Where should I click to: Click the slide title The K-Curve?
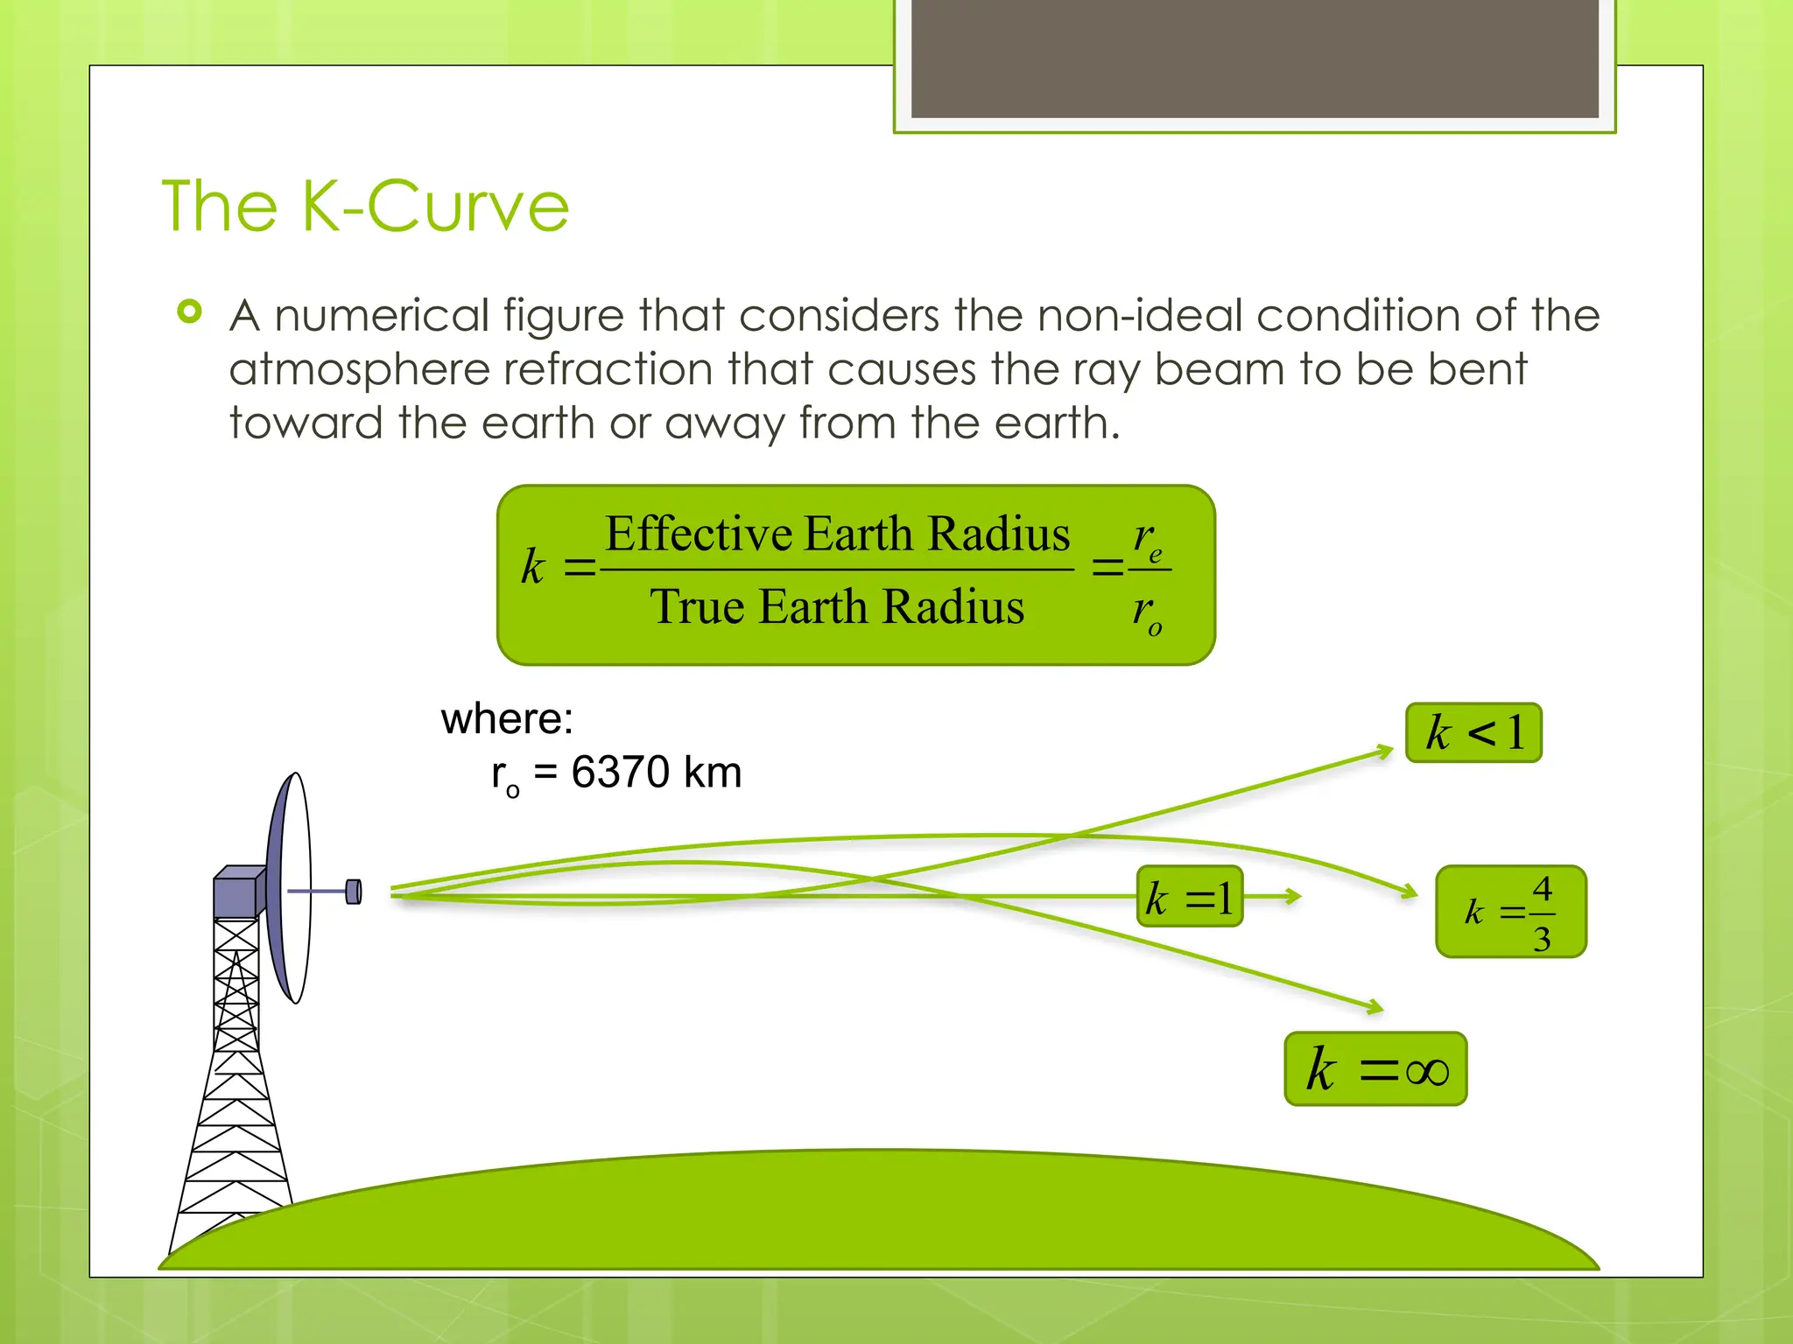[x=366, y=206]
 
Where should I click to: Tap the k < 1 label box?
[x=1473, y=732]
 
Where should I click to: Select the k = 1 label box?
[x=1190, y=897]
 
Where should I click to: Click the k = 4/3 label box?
[x=1511, y=912]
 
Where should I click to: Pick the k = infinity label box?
[x=1375, y=1068]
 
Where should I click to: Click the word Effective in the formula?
[x=698, y=534]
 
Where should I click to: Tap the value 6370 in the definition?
[x=620, y=773]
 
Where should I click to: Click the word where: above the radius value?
[x=507, y=719]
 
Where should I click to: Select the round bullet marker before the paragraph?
[x=189, y=311]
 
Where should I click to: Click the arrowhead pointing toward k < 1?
[x=1384, y=751]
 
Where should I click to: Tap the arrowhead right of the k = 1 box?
[x=1292, y=895]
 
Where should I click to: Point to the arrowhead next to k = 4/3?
[x=1410, y=892]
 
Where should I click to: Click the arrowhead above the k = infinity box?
[x=1375, y=1007]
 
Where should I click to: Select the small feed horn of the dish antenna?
[x=354, y=892]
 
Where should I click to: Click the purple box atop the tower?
[x=238, y=892]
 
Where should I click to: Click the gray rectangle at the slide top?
[x=1255, y=59]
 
